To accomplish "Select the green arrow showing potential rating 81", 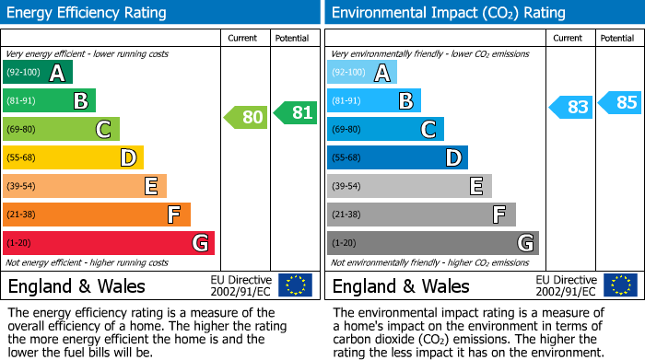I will (x=296, y=113).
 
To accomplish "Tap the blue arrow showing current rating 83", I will (x=570, y=107).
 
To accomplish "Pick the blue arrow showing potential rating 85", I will (x=620, y=102).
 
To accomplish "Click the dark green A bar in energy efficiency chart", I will (x=38, y=73).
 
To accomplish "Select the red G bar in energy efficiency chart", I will (x=109, y=243).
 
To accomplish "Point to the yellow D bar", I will (x=73, y=158).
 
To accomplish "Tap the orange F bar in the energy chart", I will (x=97, y=215).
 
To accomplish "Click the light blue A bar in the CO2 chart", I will (x=362, y=73).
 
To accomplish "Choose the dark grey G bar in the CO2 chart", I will (x=432, y=243).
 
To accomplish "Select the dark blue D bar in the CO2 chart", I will (x=397, y=158).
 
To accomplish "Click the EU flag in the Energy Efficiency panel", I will (x=295, y=285).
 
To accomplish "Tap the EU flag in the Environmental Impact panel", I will (x=619, y=285).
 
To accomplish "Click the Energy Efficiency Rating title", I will (x=87, y=13).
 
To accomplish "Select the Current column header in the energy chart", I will (x=244, y=38).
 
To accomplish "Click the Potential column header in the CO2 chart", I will (x=617, y=38).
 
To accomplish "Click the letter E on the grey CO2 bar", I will (x=475, y=187).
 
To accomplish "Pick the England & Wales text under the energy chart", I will (x=76, y=285).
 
